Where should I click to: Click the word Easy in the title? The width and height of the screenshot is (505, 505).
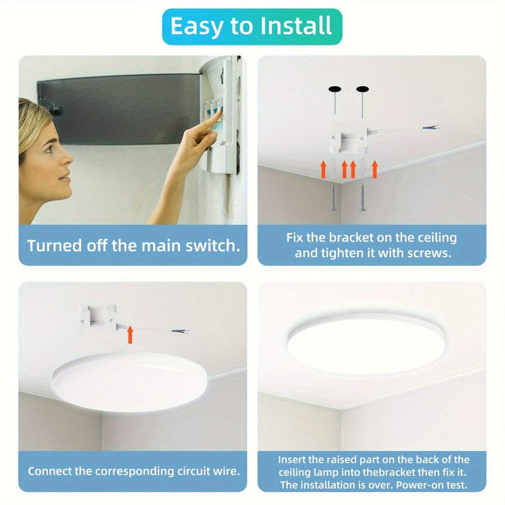(x=196, y=27)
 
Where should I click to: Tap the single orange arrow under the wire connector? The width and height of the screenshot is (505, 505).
(x=131, y=334)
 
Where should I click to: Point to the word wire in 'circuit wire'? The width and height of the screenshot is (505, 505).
(x=223, y=471)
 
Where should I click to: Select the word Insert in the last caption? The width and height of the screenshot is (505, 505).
(x=295, y=459)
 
